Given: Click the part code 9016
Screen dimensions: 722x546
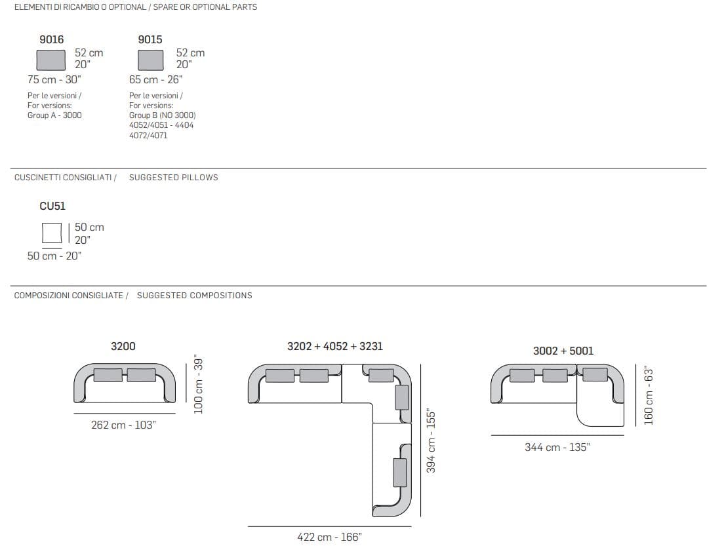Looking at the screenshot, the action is tap(52, 39).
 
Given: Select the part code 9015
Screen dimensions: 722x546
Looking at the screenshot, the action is tap(150, 39).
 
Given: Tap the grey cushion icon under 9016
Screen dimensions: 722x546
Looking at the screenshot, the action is tap(50, 60).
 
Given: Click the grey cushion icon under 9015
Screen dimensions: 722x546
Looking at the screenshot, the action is tap(151, 60).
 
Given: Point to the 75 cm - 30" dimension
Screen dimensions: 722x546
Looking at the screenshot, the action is tap(54, 80).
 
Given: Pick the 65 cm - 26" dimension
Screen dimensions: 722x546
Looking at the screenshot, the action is tap(155, 80).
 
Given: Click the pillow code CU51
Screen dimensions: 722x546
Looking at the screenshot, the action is tap(52, 206).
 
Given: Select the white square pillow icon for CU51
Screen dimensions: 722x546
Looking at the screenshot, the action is tap(52, 233).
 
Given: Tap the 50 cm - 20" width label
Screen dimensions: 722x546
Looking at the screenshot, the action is tap(54, 256).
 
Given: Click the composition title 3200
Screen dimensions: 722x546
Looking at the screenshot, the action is tap(123, 346).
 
